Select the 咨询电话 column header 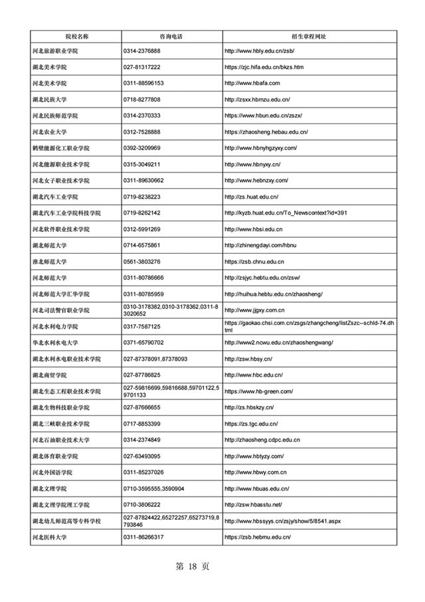point(171,35)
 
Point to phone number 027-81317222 point(142,67)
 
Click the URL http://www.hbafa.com point(252,83)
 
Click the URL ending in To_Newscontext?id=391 point(286,213)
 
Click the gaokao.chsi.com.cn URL point(309,326)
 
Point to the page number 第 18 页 point(192,567)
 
